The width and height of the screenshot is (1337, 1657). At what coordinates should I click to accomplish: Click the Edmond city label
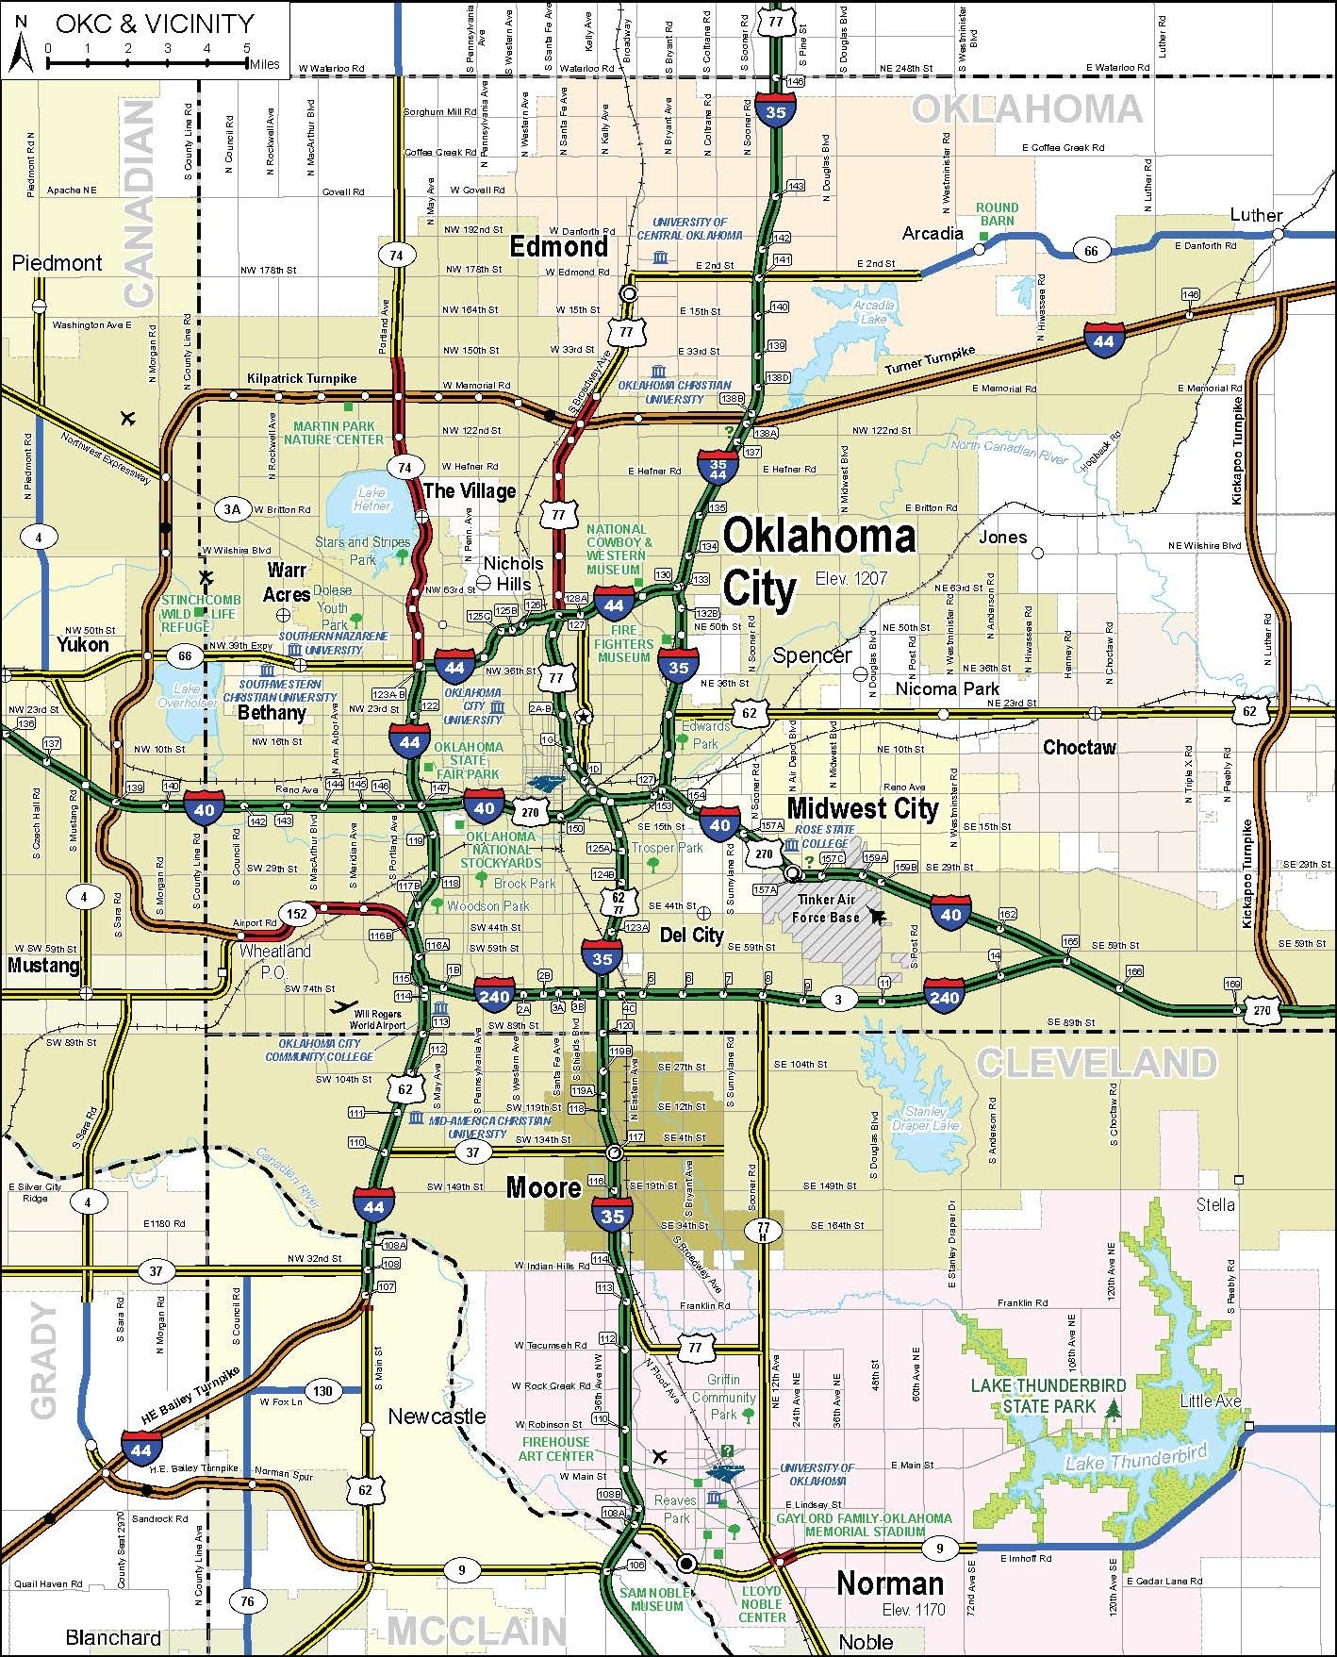559,247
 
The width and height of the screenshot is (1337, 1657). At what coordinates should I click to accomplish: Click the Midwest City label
863,808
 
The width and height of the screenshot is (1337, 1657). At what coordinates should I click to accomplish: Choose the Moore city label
543,1187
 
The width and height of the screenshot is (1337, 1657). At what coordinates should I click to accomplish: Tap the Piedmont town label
57,263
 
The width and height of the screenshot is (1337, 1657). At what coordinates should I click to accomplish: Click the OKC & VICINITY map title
155,24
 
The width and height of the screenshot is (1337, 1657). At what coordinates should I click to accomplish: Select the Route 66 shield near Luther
1091,250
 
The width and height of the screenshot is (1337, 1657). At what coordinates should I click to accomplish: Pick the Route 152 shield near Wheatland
297,914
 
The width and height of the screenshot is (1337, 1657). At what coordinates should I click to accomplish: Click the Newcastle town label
437,1416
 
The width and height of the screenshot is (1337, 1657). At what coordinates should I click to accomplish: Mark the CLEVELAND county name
1096,1063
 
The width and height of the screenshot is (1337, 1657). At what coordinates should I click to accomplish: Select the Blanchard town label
113,1637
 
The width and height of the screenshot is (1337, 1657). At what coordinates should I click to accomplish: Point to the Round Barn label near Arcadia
997,214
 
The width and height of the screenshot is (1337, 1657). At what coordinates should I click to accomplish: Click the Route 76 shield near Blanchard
246,1600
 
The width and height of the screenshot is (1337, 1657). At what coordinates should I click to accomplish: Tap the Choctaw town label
1079,748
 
